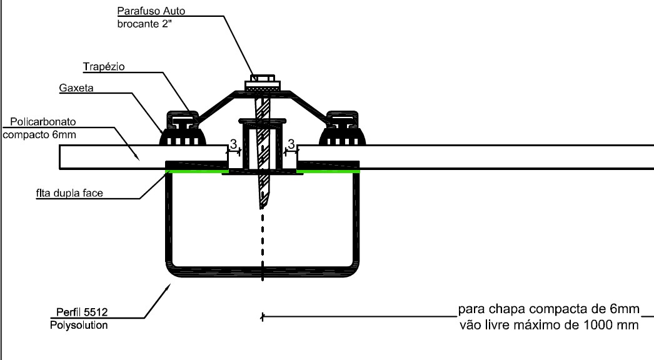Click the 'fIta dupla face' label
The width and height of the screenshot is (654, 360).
click(65, 192)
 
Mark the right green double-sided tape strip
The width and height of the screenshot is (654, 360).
click(328, 170)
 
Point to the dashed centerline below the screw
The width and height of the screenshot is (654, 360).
click(263, 244)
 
